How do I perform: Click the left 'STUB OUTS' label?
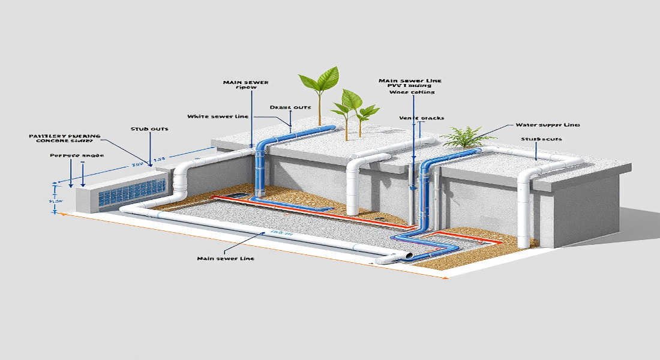click(x=149, y=129)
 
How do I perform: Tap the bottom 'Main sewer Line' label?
click(x=225, y=259)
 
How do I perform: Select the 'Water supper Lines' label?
click(x=547, y=125)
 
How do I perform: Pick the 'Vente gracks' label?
click(x=422, y=118)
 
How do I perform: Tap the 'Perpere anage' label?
click(x=77, y=155)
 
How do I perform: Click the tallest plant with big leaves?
click(x=319, y=81)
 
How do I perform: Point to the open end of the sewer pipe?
click(x=409, y=256)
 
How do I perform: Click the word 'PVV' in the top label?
click(x=389, y=86)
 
